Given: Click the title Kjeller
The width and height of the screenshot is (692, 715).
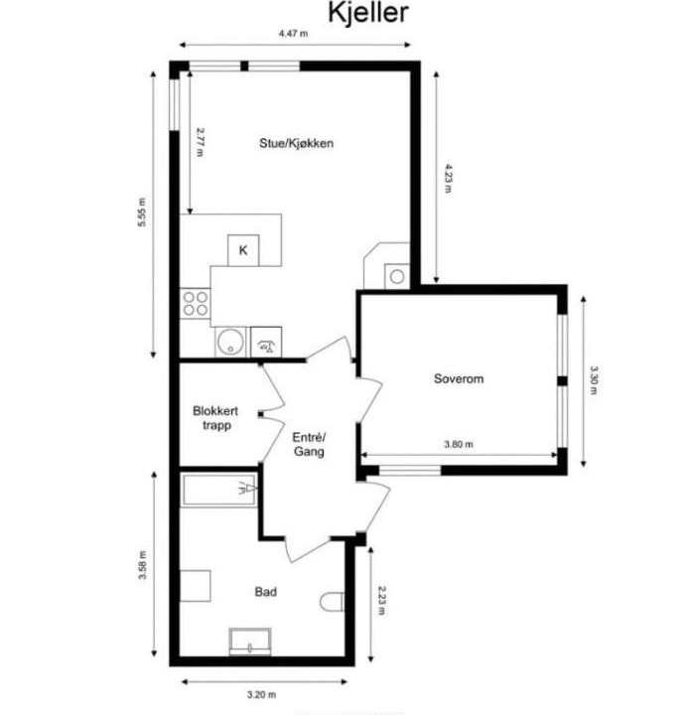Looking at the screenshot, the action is tap(368, 13).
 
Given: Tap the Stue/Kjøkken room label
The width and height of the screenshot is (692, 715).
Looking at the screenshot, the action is tap(296, 143).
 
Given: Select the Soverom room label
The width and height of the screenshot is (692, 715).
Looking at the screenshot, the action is tap(459, 378).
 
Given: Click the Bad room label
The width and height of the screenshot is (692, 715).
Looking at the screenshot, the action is tap(265, 592).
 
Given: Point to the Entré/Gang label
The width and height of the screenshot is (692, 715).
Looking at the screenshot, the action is tap(309, 444).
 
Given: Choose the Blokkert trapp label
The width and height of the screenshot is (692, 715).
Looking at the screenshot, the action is tap(215, 418).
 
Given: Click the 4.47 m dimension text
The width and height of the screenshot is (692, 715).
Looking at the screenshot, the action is tap(294, 34).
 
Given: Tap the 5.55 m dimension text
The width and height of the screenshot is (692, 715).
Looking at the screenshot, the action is tap(142, 213).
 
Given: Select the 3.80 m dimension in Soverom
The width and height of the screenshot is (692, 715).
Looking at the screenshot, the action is tap(459, 444).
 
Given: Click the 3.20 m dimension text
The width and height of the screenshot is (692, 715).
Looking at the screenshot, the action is tap(262, 695).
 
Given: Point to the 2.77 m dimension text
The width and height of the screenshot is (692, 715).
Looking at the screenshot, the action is tap(201, 142).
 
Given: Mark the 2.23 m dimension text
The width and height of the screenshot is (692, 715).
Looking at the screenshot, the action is tap(382, 600).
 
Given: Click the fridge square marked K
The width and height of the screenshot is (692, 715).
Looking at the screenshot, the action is tap(243, 250).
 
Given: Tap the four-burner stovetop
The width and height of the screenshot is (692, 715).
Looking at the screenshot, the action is tap(196, 304).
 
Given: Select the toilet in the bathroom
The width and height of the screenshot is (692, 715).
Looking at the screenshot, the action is tap(332, 602).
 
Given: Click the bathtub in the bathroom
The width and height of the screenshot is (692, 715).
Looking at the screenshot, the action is tap(218, 490).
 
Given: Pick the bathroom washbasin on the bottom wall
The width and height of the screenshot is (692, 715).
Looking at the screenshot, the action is tap(250, 642).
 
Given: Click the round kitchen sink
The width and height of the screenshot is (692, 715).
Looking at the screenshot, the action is tap(230, 342).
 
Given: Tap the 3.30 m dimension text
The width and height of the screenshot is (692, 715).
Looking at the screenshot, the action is tap(594, 380).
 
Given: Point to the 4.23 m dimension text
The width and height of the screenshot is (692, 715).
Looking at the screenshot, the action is tap(449, 179).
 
